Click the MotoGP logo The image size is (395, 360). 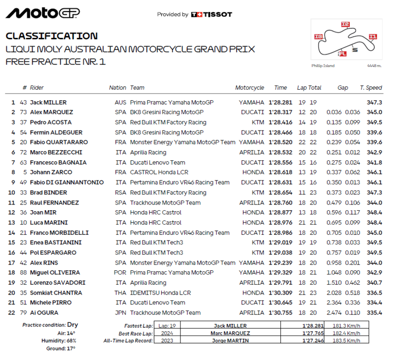(42, 13)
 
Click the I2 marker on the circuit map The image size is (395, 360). (345, 24)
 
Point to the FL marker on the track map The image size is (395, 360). (342, 53)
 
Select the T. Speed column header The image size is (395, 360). (371, 88)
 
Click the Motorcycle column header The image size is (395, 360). (250, 88)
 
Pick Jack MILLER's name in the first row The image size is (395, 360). (48, 102)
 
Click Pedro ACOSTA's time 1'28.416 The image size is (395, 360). (277, 122)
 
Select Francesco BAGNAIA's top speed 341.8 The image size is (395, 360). (374, 162)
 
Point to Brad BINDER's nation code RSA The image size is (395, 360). (120, 192)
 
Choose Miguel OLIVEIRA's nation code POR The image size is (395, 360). (120, 273)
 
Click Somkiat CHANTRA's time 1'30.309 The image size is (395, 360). (277, 293)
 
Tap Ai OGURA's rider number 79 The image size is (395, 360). (23, 312)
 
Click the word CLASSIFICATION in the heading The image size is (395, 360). (51, 36)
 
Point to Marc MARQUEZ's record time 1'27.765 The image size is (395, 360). (309, 333)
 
